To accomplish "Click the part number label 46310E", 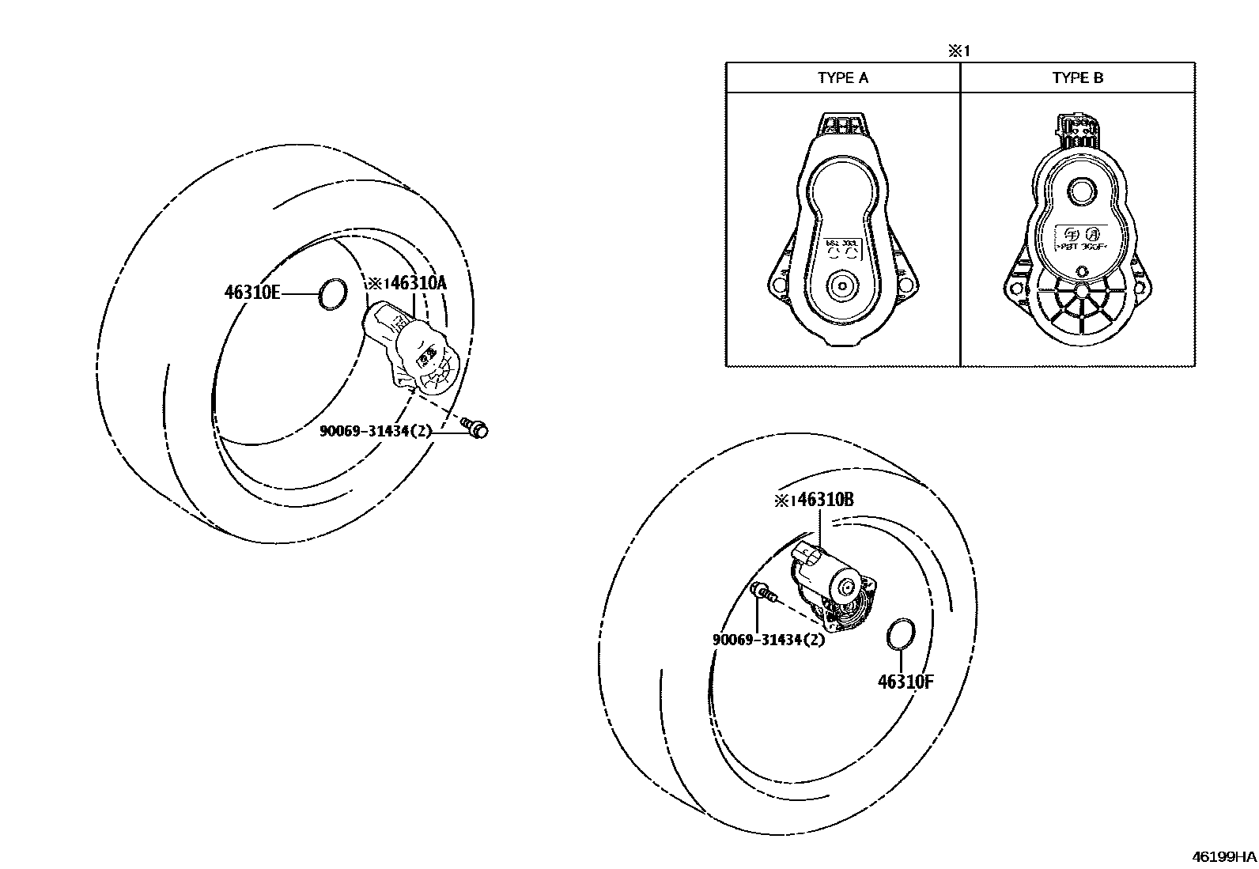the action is (x=252, y=293).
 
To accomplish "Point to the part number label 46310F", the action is (x=905, y=682).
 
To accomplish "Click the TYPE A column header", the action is (x=842, y=77).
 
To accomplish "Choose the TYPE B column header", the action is (x=1077, y=77).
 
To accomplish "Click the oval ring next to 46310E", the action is (x=332, y=294).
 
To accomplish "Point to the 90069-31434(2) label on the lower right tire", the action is (x=769, y=640).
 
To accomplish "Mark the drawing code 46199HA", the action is (x=1224, y=856).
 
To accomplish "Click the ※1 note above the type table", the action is (x=959, y=51).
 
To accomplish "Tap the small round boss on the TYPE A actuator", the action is (x=841, y=285).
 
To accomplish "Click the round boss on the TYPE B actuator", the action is (x=1079, y=190).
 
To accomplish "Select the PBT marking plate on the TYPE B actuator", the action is (x=1080, y=237).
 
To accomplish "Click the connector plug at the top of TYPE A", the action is (x=843, y=125).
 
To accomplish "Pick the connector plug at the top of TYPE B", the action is (x=1077, y=130).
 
